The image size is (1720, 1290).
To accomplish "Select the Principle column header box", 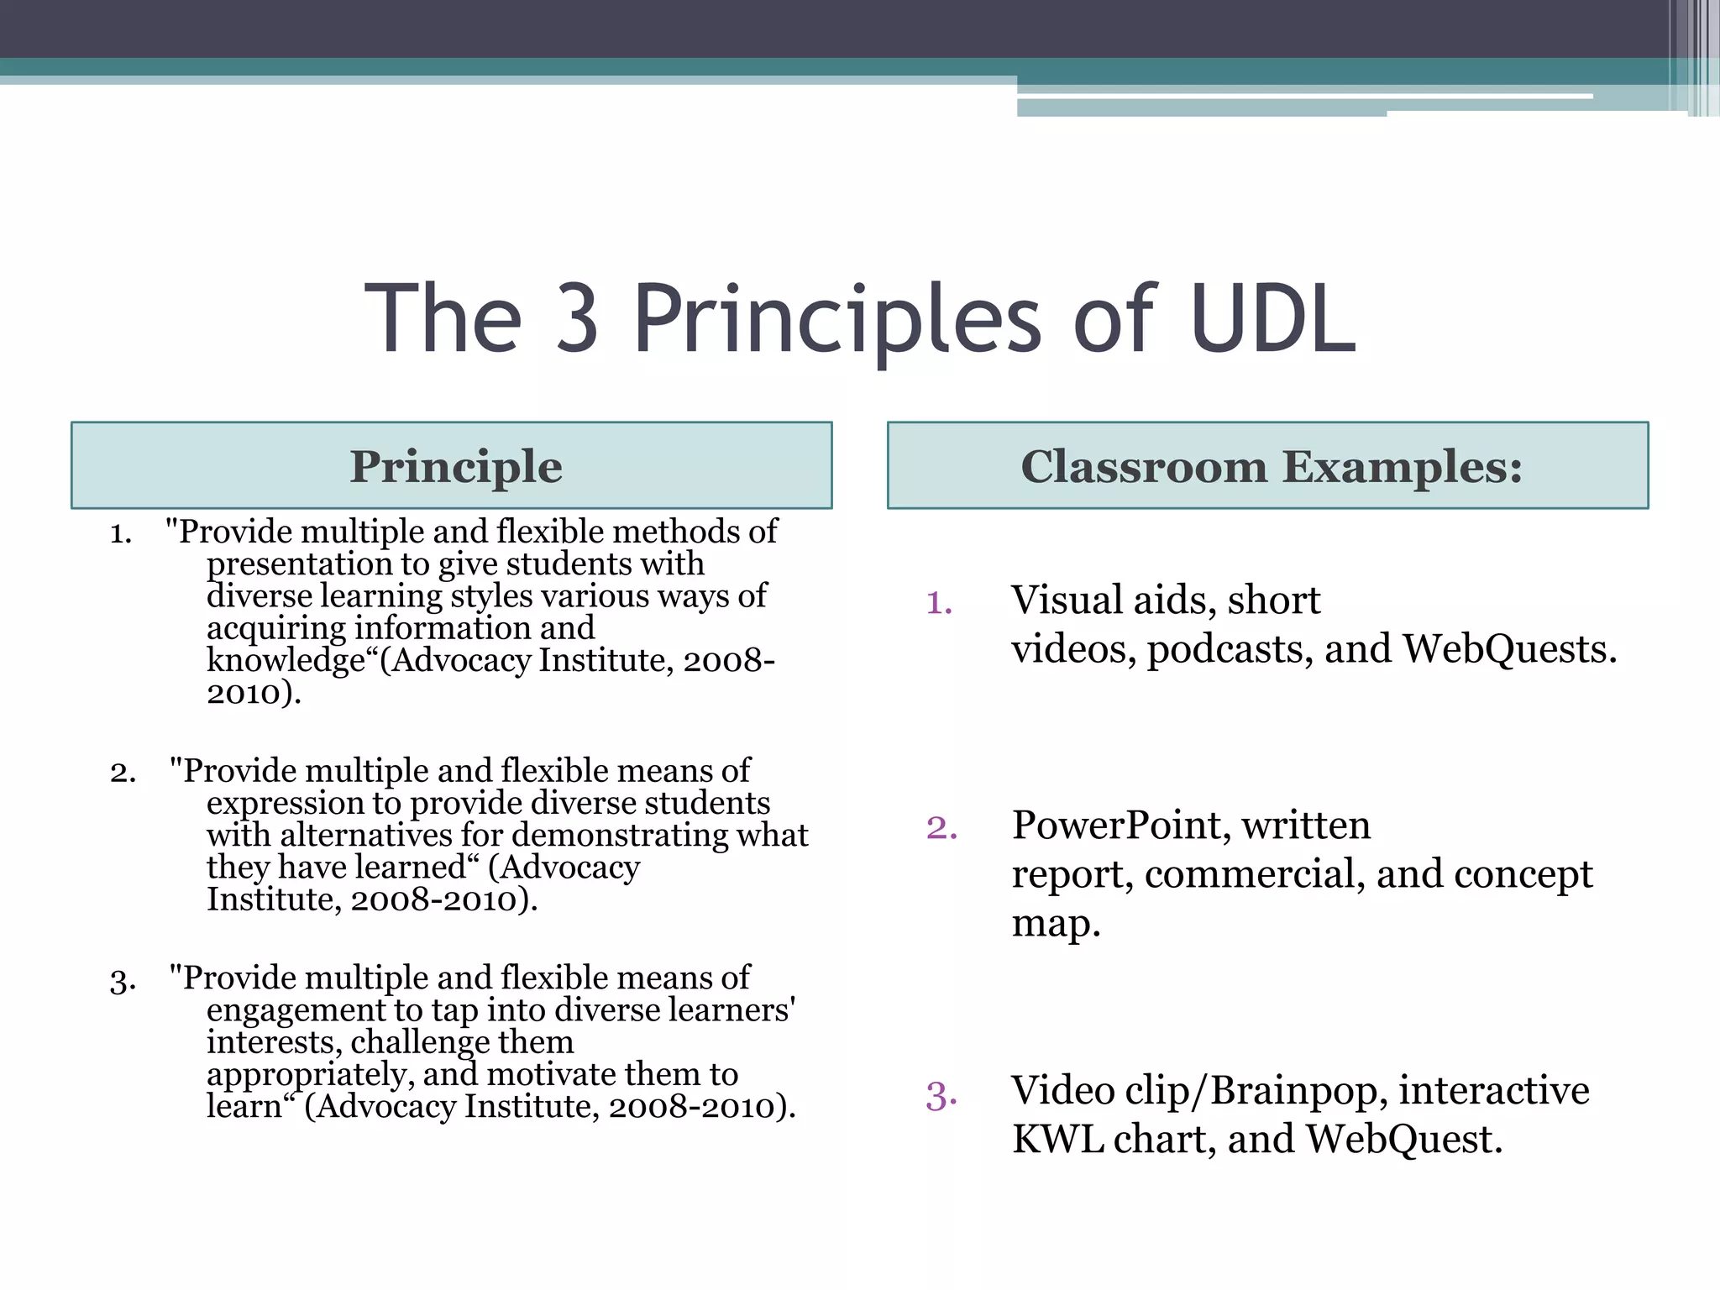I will (x=452, y=465).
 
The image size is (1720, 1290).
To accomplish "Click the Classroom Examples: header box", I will (x=1268, y=465).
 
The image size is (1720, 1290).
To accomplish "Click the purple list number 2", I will (x=941, y=828).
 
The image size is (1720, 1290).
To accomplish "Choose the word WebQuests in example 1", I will (x=1509, y=649).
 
